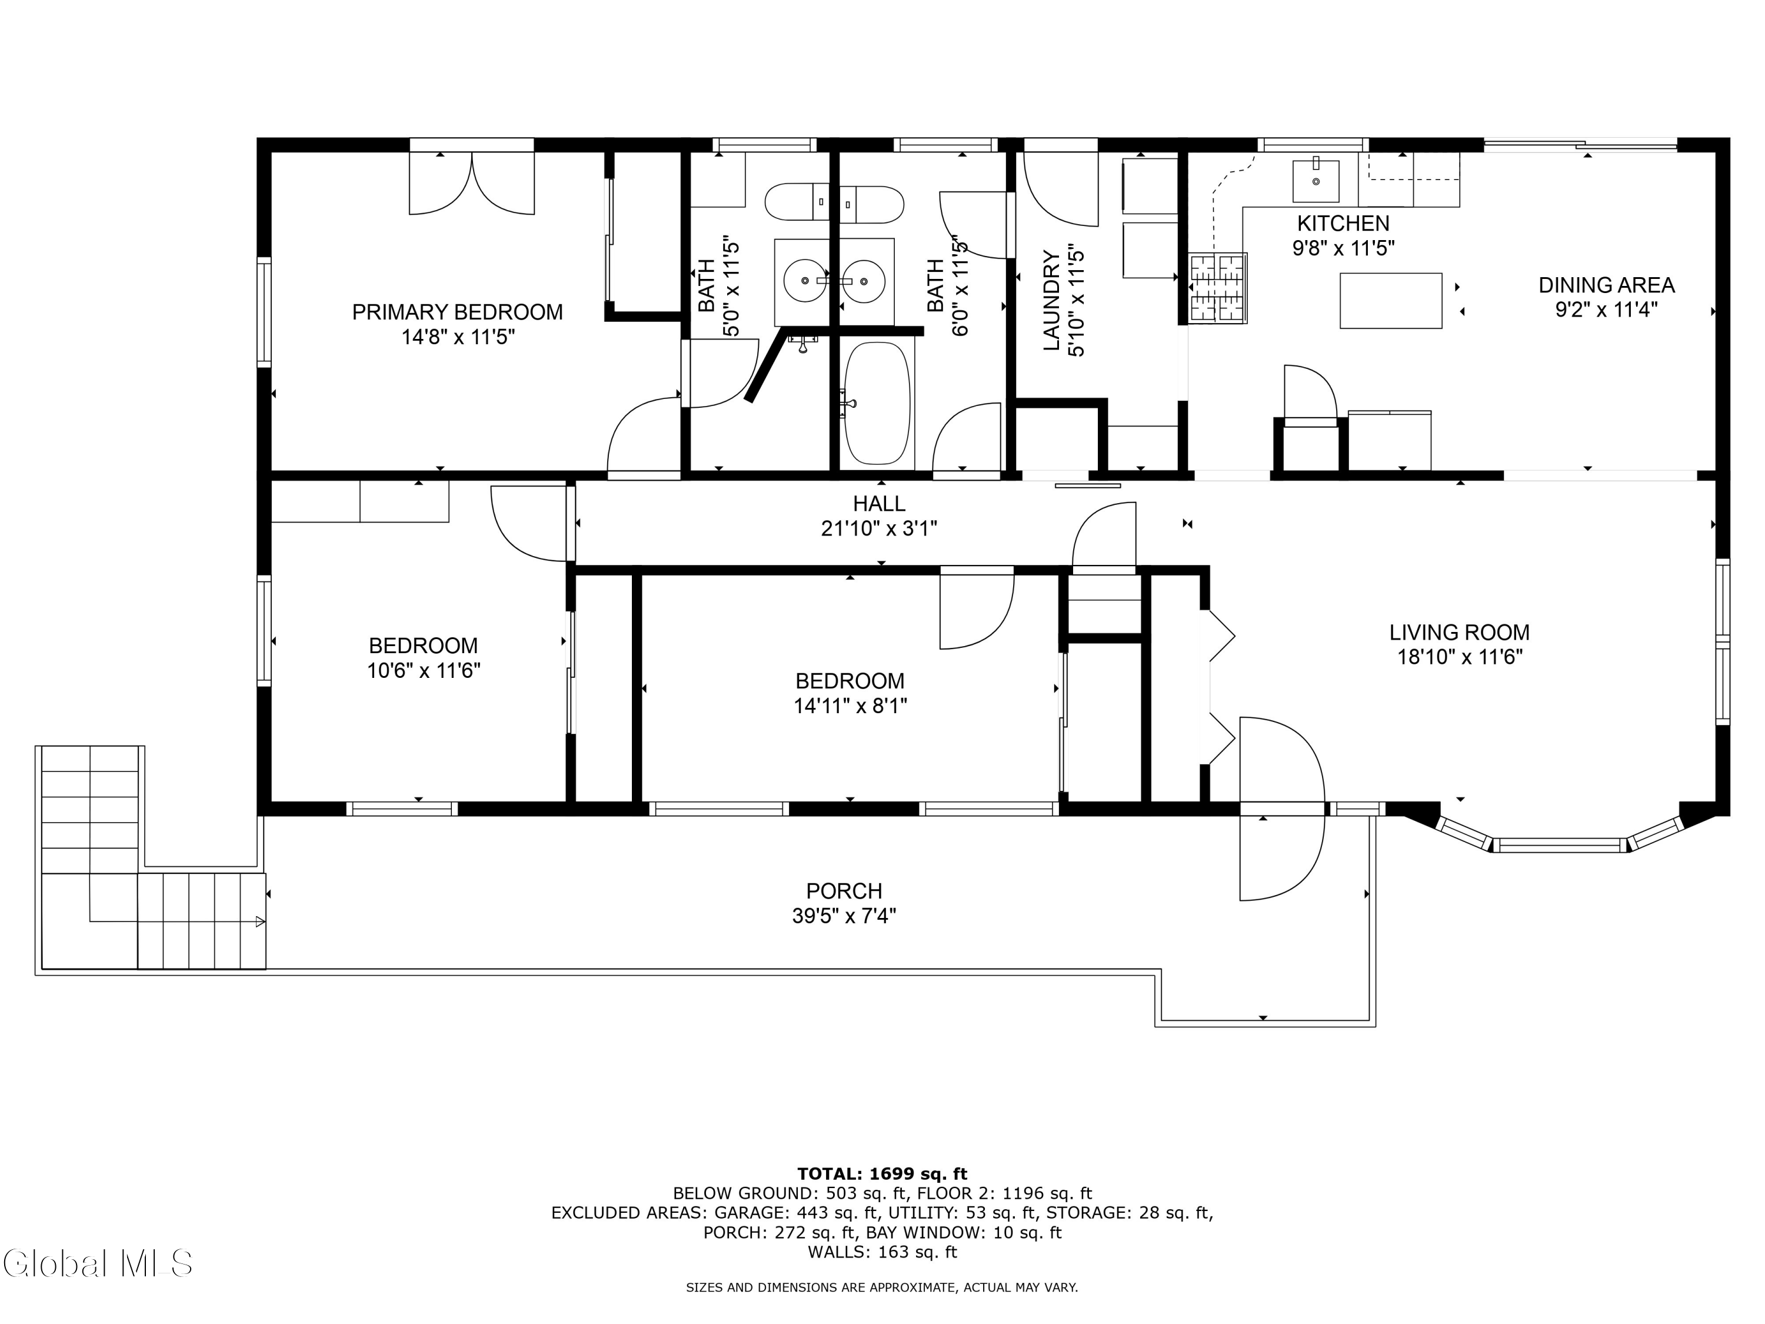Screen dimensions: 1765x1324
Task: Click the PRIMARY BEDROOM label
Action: point(457,312)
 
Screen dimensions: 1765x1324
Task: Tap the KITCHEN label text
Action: point(1343,224)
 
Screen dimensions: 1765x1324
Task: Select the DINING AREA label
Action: point(1606,285)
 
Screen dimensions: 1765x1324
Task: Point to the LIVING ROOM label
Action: point(1460,633)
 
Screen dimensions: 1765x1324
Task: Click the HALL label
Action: point(880,504)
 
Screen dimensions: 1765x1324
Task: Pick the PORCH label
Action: point(844,891)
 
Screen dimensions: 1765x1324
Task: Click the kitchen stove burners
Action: point(1218,288)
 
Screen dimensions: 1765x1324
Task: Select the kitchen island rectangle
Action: point(1391,301)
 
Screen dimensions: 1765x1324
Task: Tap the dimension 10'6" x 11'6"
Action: point(423,670)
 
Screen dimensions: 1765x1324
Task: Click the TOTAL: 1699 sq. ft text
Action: point(882,1174)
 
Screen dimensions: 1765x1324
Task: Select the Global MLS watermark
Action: point(97,1263)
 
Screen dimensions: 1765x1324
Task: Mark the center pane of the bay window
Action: point(1559,845)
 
